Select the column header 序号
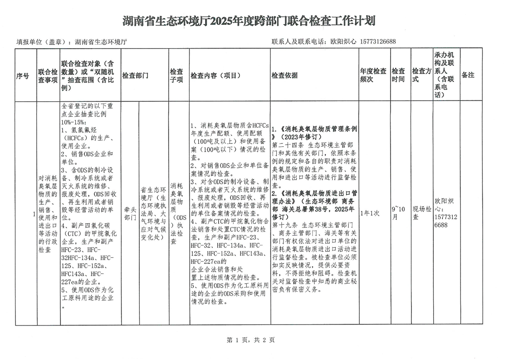23,76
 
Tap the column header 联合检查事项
48,76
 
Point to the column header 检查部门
136,76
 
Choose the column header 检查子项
176,76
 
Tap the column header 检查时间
398,76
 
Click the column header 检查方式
421,76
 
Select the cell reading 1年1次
369,213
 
